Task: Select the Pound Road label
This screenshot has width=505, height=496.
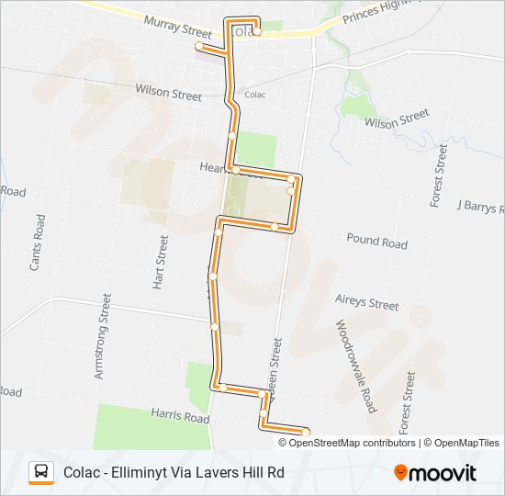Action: coord(376,242)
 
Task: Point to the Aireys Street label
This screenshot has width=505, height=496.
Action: coord(367,303)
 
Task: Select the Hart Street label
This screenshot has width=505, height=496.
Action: coord(160,262)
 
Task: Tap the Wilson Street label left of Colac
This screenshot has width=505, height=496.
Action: coord(168,93)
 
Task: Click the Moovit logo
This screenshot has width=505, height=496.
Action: coord(435,473)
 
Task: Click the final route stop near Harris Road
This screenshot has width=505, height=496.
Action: coord(306,432)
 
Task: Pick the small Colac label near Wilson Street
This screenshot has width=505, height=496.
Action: coord(254,95)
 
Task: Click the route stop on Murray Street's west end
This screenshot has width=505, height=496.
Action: coord(198,45)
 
